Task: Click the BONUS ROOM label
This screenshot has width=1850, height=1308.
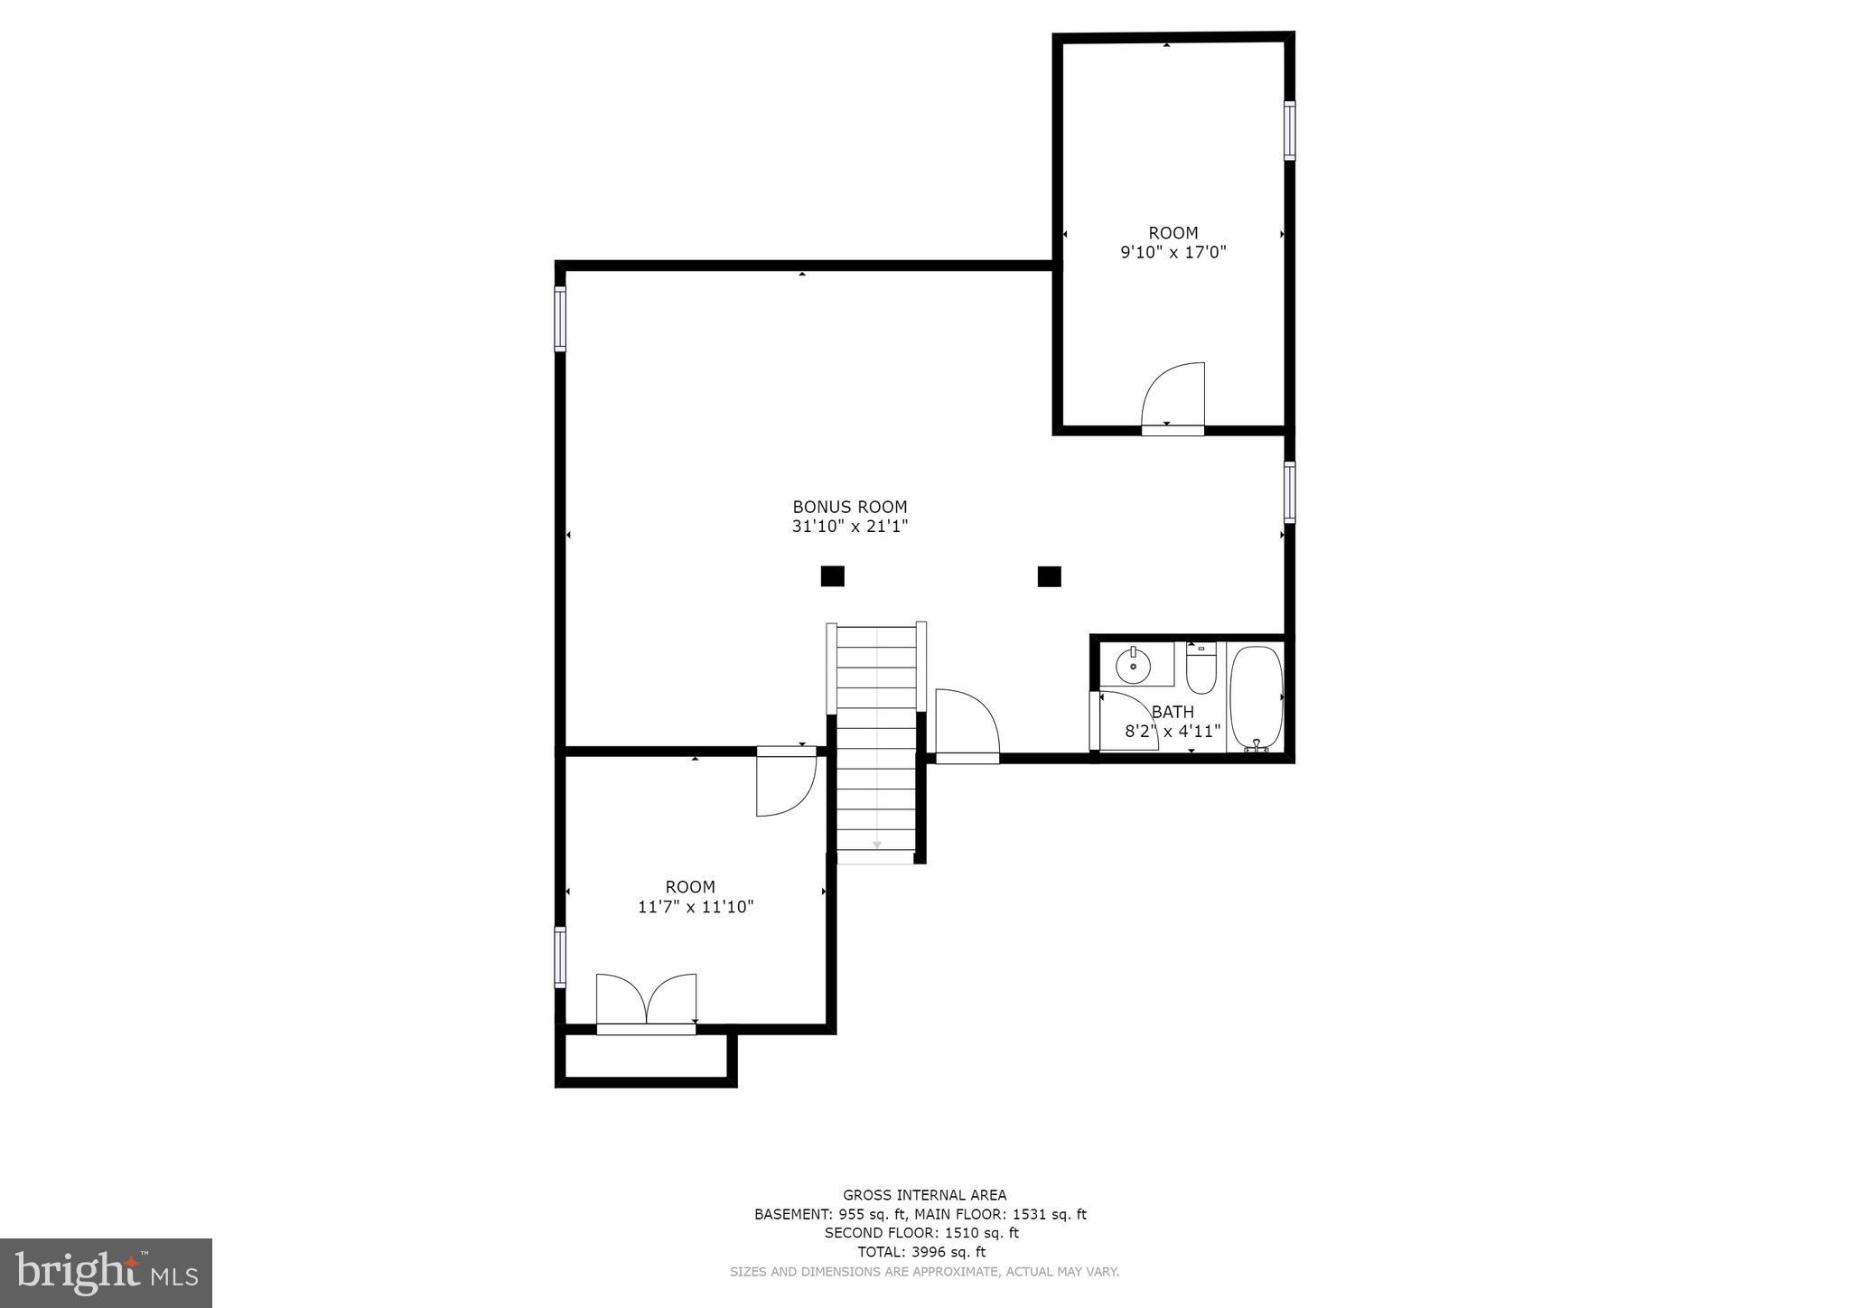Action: point(849,507)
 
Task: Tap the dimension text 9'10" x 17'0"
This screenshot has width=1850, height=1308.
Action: point(1173,253)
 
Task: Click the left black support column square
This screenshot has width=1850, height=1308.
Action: point(832,575)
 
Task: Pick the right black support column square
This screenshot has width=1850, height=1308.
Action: point(1049,575)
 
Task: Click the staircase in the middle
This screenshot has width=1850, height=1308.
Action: point(876,741)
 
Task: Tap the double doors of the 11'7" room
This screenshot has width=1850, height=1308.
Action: point(646,1000)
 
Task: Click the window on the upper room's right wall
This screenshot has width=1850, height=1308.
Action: point(1289,131)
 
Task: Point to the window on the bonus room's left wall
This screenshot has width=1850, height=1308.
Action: point(560,319)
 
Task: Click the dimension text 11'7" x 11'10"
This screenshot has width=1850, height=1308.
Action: point(696,907)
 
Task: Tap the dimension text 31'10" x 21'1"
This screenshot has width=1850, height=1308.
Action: point(849,527)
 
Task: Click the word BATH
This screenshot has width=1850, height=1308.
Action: point(1173,712)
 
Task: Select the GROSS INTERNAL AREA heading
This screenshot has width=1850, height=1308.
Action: point(924,1195)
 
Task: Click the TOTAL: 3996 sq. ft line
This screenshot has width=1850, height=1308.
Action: point(920,1252)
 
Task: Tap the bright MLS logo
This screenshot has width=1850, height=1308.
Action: point(106,1273)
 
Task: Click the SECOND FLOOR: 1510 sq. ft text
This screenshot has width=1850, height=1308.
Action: point(920,1233)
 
